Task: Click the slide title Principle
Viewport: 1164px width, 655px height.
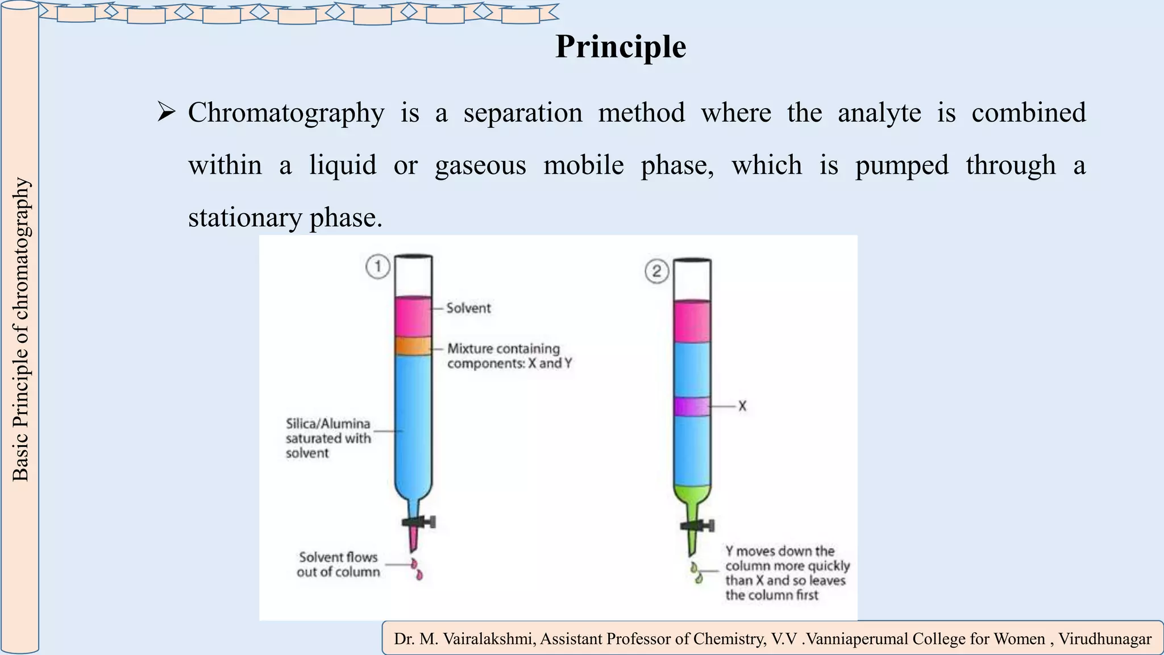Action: pyautogui.click(x=620, y=47)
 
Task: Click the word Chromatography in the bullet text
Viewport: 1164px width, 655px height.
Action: pyautogui.click(x=286, y=113)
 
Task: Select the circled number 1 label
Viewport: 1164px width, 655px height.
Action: pyautogui.click(x=377, y=267)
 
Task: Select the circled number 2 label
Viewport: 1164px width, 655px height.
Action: pyautogui.click(x=656, y=271)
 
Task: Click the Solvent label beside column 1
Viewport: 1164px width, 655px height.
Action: pyautogui.click(x=468, y=308)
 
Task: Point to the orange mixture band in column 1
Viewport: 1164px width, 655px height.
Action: pyautogui.click(x=413, y=346)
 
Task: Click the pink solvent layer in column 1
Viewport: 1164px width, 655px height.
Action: pyautogui.click(x=413, y=317)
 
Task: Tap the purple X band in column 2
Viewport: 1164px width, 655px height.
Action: pyautogui.click(x=692, y=407)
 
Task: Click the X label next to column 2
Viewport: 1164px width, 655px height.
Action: pyautogui.click(x=742, y=406)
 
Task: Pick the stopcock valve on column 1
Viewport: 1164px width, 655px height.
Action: pyautogui.click(x=421, y=522)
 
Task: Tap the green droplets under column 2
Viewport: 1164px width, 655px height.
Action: pyautogui.click(x=696, y=573)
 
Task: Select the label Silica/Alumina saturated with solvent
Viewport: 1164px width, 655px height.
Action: pyautogui.click(x=328, y=438)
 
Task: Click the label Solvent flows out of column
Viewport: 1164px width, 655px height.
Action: pyautogui.click(x=338, y=565)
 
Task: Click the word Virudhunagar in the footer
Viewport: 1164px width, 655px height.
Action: pyautogui.click(x=1104, y=639)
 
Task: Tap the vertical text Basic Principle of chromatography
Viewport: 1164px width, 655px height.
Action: pyautogui.click(x=20, y=330)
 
